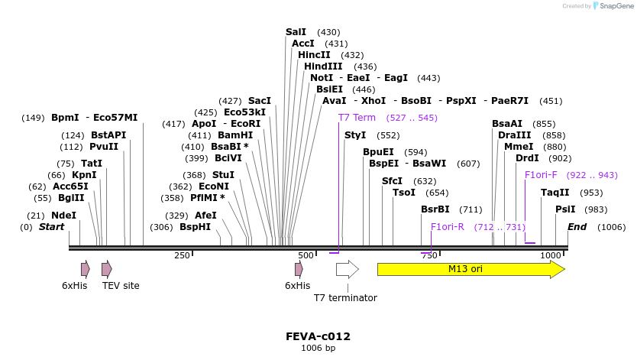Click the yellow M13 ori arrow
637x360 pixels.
(x=470, y=269)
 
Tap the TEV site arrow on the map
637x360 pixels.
(x=107, y=269)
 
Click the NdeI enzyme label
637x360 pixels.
(x=63, y=216)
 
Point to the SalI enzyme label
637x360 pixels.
(x=296, y=32)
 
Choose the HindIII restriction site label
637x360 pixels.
(x=323, y=66)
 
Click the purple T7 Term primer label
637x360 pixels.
(x=357, y=118)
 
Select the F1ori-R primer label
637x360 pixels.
(x=448, y=227)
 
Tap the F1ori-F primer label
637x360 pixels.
(x=541, y=175)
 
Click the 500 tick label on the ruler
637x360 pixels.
(x=306, y=255)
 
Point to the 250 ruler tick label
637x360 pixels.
(x=182, y=255)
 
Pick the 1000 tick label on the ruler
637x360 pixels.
(x=551, y=255)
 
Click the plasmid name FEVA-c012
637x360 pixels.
(x=318, y=336)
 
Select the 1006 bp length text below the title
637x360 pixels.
(x=318, y=349)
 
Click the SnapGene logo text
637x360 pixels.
(x=616, y=6)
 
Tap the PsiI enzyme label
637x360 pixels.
(x=565, y=209)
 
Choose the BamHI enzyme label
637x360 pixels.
(x=235, y=135)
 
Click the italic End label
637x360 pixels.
(x=577, y=227)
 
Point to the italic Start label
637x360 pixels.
(x=52, y=227)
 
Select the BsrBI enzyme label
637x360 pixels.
(x=435, y=209)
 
